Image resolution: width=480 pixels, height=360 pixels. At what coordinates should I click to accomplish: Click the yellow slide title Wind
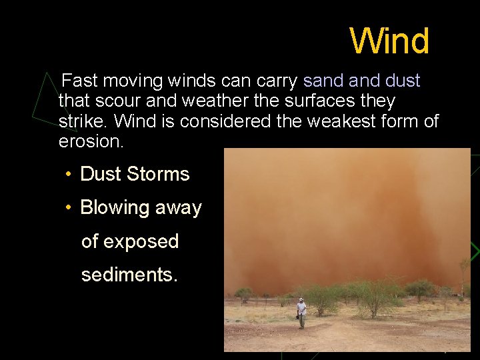pyautogui.click(x=390, y=41)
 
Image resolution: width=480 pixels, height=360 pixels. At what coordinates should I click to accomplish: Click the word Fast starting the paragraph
pyautogui.click(x=79, y=81)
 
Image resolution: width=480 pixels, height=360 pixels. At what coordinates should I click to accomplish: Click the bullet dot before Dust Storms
pyautogui.click(x=68, y=175)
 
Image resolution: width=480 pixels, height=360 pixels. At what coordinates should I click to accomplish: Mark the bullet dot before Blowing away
pyautogui.click(x=68, y=208)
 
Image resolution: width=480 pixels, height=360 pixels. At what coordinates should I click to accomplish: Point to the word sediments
pyautogui.click(x=129, y=275)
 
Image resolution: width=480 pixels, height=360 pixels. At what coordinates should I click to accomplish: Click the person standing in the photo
pyautogui.click(x=301, y=313)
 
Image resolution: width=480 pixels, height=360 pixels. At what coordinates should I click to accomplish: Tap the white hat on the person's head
pyautogui.click(x=301, y=300)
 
